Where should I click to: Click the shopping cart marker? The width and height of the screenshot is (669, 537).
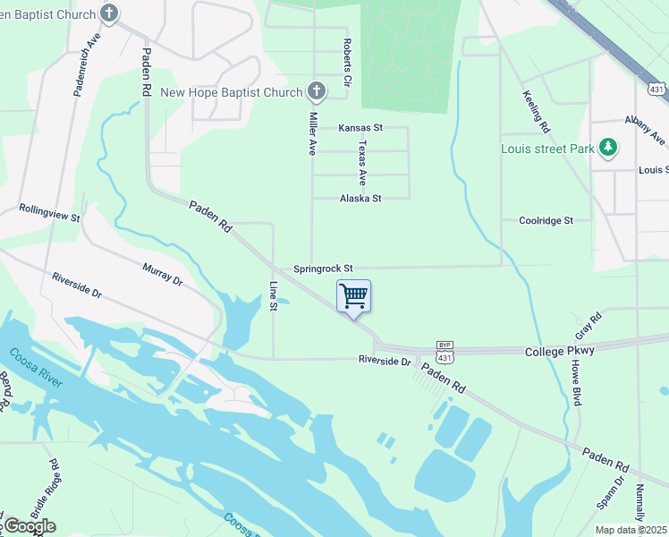[x=353, y=296]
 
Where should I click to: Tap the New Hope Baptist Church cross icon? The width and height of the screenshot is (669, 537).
[x=316, y=91]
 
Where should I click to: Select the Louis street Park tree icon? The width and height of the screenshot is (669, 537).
[x=609, y=147]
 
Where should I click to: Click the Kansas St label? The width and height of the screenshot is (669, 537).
[x=360, y=128]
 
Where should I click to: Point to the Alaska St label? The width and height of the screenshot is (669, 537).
[x=360, y=198]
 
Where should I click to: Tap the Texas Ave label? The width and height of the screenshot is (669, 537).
[x=362, y=158]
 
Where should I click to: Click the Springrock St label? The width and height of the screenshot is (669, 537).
[x=324, y=268]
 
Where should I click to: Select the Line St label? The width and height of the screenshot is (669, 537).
[x=274, y=296]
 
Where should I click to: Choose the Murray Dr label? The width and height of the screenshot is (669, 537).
[x=162, y=274]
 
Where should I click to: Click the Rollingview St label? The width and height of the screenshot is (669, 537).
[x=50, y=213]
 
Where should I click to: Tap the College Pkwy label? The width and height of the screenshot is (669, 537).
[x=559, y=351]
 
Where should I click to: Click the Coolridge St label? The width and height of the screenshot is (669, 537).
[x=546, y=220]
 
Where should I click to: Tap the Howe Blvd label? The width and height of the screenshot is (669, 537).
[x=577, y=383]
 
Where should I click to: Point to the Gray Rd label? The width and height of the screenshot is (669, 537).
[x=589, y=320]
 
